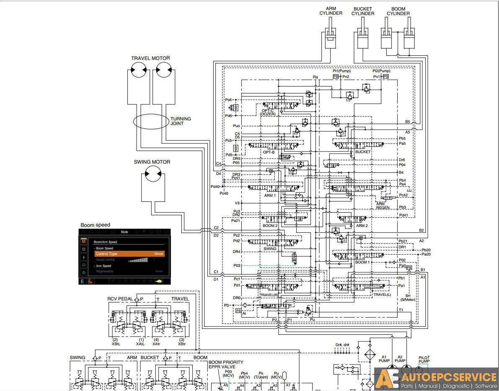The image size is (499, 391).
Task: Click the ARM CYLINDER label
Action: click(331, 11)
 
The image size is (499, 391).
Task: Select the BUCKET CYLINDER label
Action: click(362, 11)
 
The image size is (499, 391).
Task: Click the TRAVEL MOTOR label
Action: click(150, 58)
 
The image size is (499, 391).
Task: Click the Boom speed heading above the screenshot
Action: click(95, 225)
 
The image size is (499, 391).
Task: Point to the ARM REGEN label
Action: click(383, 206)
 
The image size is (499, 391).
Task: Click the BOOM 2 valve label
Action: click(270, 226)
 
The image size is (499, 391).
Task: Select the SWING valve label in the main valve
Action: click(270, 249)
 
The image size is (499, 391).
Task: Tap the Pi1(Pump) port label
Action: click(341, 71)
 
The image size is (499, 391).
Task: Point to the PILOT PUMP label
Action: click(424, 360)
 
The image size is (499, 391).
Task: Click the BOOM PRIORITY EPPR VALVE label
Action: click(225, 364)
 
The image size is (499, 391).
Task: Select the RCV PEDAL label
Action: click(120, 299)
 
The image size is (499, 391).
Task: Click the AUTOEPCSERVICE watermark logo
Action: click(436, 379)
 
